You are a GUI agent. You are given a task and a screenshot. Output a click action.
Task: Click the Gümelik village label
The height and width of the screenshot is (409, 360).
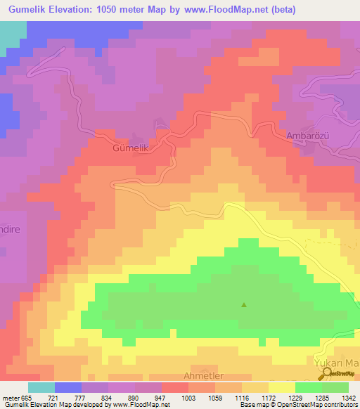point(131,149)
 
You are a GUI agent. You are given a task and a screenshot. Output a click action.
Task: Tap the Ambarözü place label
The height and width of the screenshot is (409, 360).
point(309,136)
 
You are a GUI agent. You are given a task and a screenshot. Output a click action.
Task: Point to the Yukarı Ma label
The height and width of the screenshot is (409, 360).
point(336,363)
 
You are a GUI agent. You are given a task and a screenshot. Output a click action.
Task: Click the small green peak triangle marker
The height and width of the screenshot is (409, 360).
point(244,305)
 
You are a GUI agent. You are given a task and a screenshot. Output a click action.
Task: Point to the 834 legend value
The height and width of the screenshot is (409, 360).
point(108,398)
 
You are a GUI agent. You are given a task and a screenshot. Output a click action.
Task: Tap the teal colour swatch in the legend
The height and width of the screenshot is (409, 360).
point(41,387)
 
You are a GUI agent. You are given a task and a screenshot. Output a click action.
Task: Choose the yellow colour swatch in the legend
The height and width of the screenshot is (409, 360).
point(281,387)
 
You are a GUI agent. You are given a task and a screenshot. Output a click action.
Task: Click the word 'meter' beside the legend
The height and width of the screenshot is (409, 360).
point(11,398)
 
